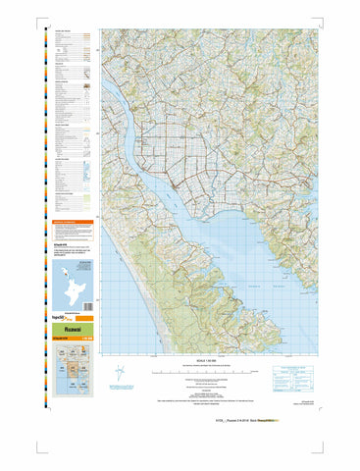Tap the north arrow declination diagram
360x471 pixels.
point(120,375)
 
